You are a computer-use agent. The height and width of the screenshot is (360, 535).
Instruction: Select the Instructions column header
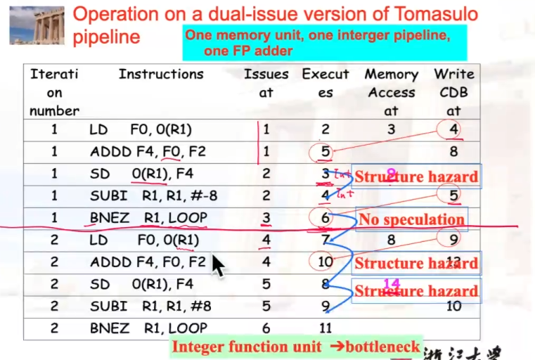161,75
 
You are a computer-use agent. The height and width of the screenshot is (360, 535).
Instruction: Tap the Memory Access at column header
391,92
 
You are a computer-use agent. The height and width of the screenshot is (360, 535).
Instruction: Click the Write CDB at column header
453,92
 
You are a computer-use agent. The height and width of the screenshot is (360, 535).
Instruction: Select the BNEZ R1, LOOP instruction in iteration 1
148,218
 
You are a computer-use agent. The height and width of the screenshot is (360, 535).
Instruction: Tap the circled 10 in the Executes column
325,262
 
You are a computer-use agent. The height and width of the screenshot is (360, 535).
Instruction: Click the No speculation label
412,219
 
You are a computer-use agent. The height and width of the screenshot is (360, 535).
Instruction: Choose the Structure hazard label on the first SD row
416,176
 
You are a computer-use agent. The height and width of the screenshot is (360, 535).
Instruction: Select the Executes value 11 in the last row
325,328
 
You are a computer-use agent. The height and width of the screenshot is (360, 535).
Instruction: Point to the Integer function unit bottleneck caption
296,347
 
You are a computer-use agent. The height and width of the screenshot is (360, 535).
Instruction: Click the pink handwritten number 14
391,283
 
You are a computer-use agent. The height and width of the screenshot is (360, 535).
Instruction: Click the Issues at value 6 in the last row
266,328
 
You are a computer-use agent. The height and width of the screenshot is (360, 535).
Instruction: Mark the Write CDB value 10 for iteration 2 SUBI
453,306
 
